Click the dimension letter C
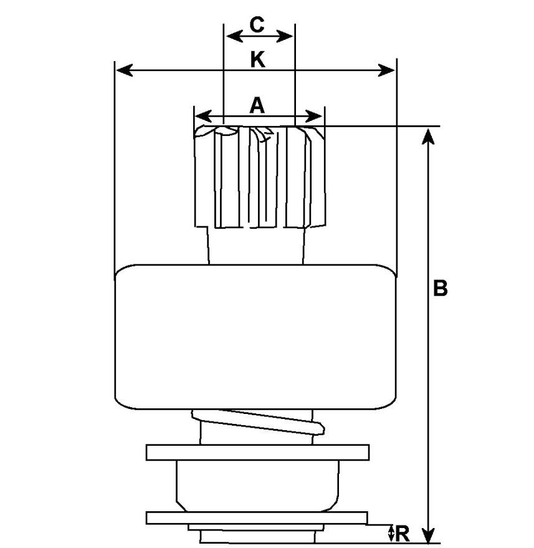tap(257, 24)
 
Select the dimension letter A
tap(257, 105)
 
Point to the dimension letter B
tap(440, 288)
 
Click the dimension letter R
tap(403, 533)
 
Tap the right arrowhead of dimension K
tap(388, 70)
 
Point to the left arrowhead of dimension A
tap(201, 117)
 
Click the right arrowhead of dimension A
tap(316, 117)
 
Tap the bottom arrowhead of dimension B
tap(427, 536)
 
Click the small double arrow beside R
tap(391, 533)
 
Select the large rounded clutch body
tap(255, 337)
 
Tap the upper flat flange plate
tap(257, 452)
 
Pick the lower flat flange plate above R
tap(257, 517)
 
